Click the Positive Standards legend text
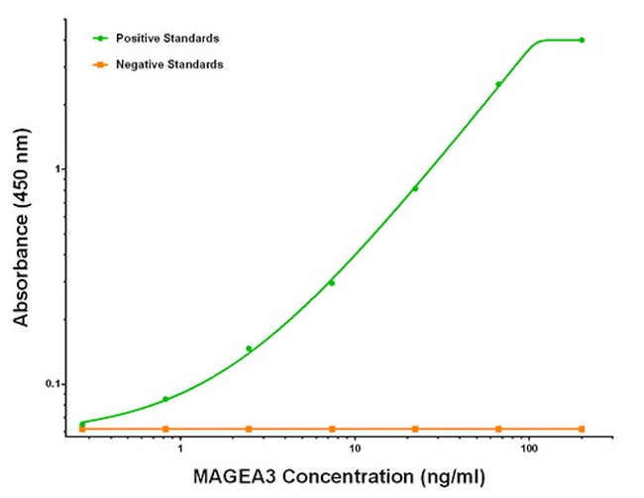[x=167, y=39]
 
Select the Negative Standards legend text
[x=169, y=64]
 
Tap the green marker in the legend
[x=100, y=39]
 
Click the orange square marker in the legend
[x=100, y=64]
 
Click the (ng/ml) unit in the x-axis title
[x=448, y=477]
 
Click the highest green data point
[x=582, y=41]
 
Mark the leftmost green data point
[x=82, y=424]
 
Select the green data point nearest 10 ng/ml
[x=332, y=283]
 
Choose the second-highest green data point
[x=498, y=84]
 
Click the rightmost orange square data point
[x=582, y=429]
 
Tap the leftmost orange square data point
[x=82, y=429]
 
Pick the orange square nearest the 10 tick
[x=332, y=429]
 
